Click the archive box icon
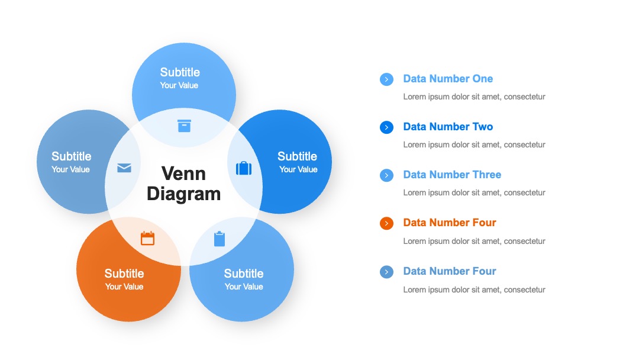184,126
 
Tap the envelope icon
124,168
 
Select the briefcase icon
244,168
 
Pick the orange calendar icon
147,238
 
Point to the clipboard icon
220,239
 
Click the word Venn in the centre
183,173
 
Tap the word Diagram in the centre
183,194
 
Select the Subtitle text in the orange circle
124,273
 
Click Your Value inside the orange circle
124,287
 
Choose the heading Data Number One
448,79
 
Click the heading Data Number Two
448,127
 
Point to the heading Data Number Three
452,175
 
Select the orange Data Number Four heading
450,223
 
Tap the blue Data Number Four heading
450,271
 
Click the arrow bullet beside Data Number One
386,79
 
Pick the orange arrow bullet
386,223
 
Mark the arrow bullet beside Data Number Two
386,127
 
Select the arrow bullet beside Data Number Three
386,175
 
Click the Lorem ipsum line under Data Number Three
474,192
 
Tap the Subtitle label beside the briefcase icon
297,156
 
